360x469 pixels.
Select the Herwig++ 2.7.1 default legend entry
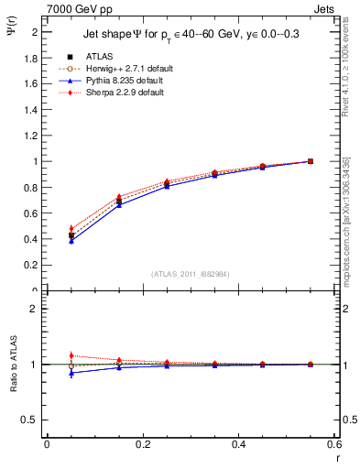coord(125,69)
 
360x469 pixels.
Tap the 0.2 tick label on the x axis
coord(143,444)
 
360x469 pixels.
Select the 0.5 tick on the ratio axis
coord(30,420)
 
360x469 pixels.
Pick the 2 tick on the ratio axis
coord(34,309)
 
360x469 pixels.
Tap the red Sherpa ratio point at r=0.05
coord(71,355)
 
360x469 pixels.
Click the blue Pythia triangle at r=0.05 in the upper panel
coord(71,241)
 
